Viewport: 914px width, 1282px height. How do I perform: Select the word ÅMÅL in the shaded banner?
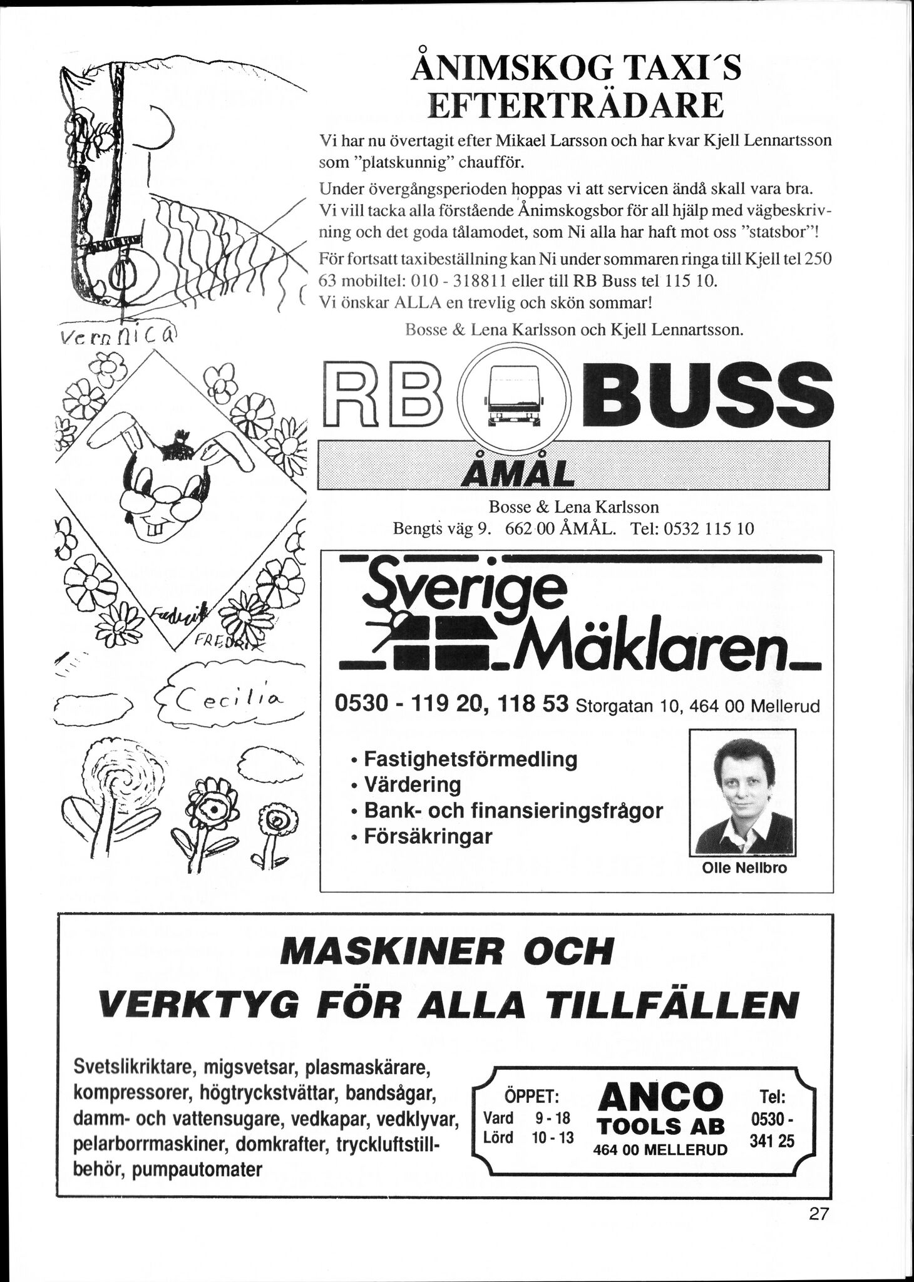[x=516, y=473]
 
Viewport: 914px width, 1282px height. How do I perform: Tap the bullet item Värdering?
[x=412, y=784]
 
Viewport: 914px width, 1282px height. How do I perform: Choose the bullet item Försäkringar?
[x=428, y=836]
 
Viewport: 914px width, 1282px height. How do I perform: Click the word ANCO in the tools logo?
[x=660, y=1097]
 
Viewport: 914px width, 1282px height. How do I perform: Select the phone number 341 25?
[x=772, y=1142]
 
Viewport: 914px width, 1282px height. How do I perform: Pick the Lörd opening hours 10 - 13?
[x=553, y=1137]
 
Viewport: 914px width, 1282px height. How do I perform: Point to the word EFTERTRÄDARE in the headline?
[x=575, y=106]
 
